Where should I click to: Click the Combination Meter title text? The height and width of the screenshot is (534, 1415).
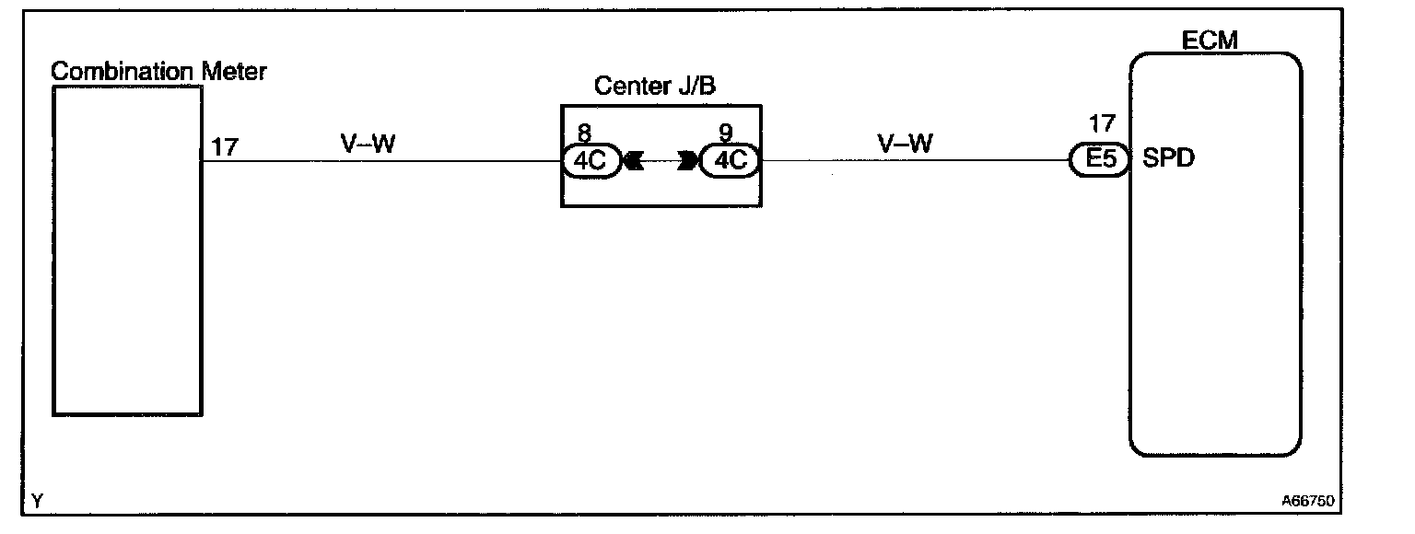click(158, 71)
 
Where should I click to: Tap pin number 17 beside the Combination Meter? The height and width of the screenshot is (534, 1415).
click(225, 146)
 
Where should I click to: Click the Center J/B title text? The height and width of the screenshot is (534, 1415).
click(655, 87)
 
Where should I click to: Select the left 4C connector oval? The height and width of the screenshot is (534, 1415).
click(591, 161)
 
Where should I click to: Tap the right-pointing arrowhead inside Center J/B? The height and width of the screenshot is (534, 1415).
click(687, 161)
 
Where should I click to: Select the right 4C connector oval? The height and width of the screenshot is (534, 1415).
click(730, 161)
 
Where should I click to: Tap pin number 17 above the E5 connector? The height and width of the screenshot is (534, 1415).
click(1101, 123)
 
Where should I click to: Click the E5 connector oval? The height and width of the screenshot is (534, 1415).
click(1100, 160)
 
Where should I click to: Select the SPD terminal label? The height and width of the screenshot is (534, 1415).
click(1168, 158)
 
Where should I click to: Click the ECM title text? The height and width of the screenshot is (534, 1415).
click(1210, 41)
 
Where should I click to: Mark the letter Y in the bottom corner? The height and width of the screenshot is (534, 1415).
click(37, 502)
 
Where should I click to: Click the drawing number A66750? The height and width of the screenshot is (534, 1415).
click(1308, 503)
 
